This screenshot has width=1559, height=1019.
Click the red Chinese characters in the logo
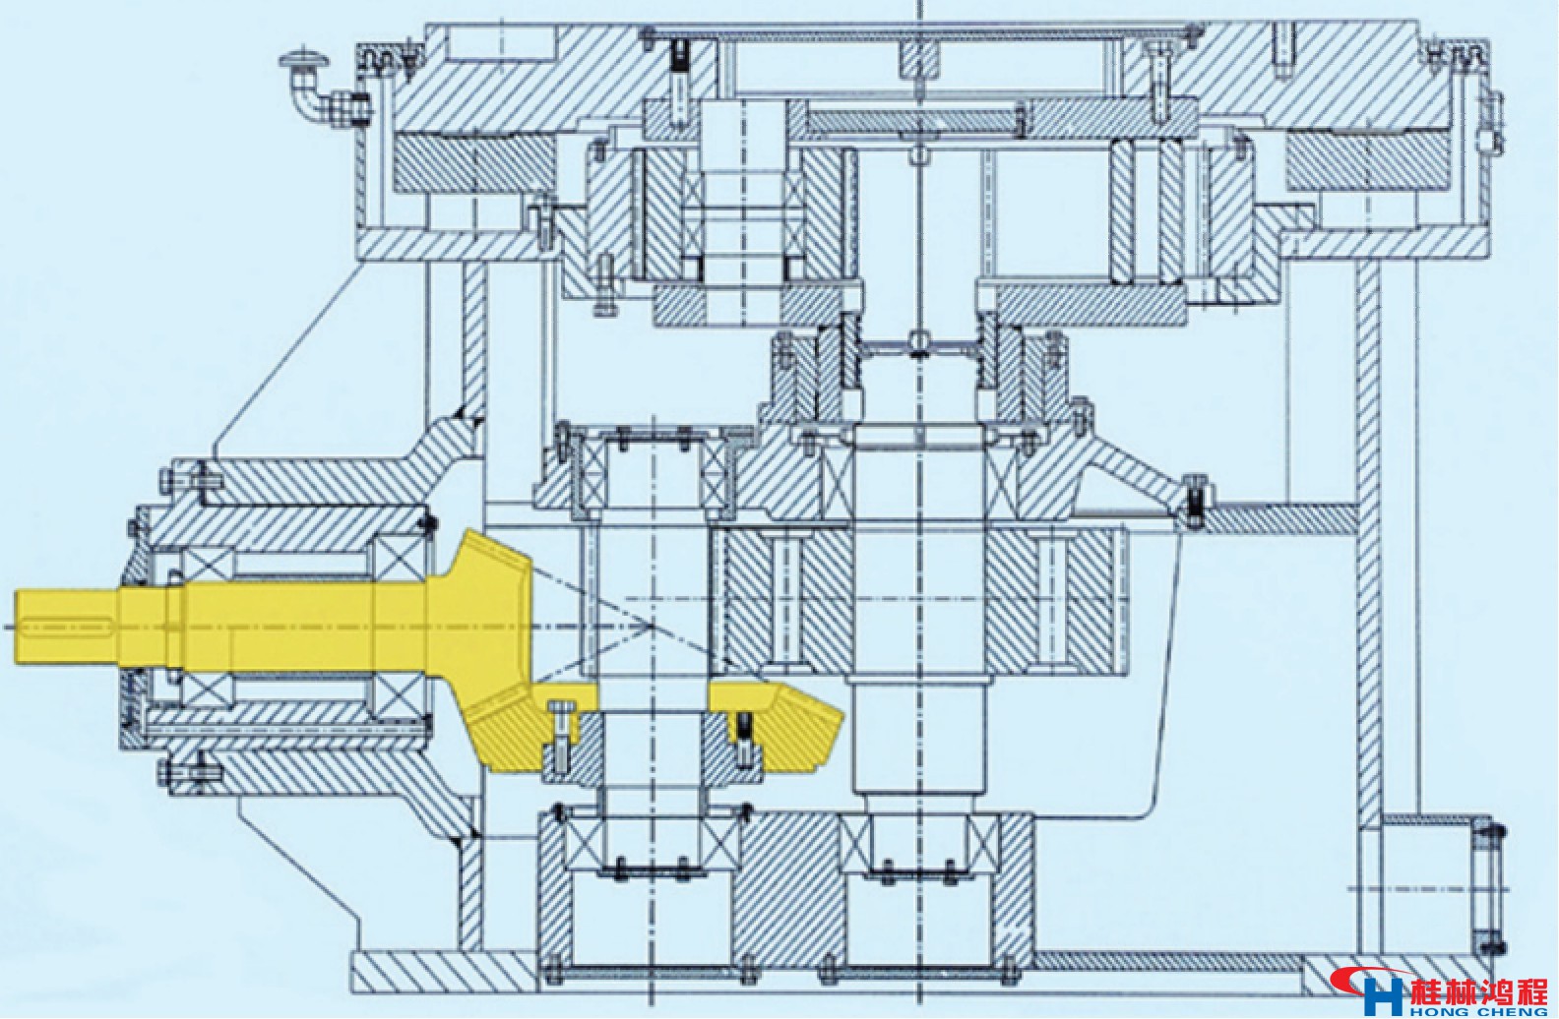[1476, 988]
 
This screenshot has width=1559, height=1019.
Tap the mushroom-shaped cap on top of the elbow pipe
[302, 60]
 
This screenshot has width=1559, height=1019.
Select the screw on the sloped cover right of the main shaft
[1194, 497]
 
